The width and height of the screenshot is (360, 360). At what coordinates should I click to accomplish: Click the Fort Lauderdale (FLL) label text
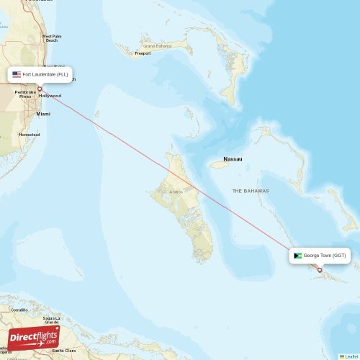[45, 74]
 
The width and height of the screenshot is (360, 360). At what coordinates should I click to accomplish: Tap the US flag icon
[17, 74]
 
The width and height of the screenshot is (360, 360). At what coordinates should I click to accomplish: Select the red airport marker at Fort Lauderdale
[40, 89]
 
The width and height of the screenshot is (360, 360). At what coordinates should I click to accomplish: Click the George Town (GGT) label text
[325, 255]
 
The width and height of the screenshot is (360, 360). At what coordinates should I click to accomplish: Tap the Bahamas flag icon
[297, 255]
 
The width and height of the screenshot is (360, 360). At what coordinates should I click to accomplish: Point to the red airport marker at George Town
[320, 270]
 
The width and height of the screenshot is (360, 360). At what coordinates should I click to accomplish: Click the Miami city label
[43, 114]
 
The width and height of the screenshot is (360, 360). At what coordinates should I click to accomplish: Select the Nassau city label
[233, 158]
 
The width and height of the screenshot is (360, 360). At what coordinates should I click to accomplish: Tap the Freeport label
[143, 53]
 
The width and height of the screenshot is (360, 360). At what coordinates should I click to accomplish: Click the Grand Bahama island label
[159, 46]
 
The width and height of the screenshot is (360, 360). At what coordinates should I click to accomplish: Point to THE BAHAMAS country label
[251, 191]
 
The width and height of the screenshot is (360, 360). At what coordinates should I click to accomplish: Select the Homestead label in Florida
[30, 135]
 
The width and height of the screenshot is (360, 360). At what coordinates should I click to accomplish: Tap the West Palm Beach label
[51, 37]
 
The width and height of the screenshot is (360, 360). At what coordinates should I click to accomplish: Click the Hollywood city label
[50, 96]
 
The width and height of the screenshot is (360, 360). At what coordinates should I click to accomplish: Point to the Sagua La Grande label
[51, 320]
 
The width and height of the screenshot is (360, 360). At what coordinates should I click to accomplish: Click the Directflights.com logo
[33, 338]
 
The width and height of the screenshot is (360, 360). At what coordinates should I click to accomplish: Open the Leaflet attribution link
[349, 356]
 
